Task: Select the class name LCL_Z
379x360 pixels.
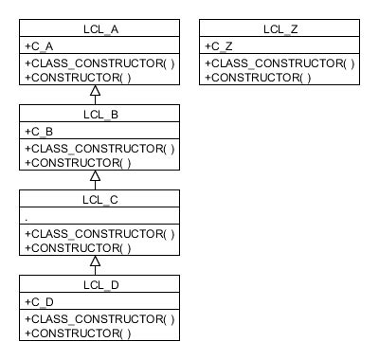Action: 280,29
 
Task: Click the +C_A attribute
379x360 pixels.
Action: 41,45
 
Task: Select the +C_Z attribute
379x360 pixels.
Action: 221,45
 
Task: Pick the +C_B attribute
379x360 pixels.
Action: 41,131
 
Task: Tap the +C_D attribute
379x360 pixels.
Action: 41,301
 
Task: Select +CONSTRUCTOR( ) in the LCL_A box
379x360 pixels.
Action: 78,77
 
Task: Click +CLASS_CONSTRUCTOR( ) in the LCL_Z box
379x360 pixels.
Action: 280,63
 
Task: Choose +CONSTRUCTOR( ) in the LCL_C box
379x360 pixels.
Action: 78,247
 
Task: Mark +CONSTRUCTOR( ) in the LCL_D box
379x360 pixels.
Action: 78,333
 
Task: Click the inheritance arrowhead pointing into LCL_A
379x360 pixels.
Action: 95,91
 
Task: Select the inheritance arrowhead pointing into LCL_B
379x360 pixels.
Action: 95,176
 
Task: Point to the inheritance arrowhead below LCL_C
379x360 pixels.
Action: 95,261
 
